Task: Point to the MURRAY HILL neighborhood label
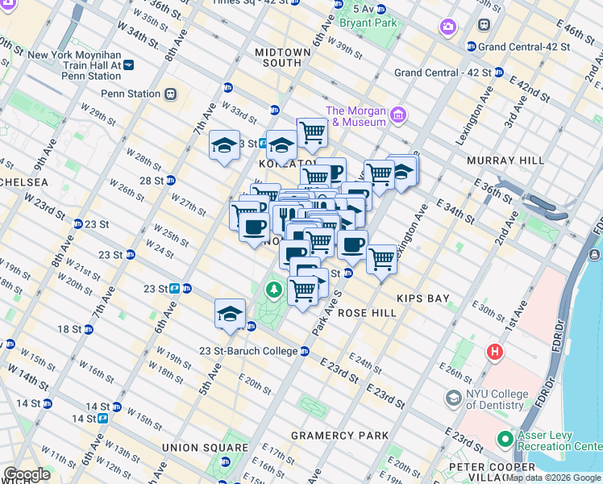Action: [505, 161]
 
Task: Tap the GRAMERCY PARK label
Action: [339, 436]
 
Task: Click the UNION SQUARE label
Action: [205, 448]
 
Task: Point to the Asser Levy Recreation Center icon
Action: [505, 440]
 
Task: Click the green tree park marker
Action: [275, 288]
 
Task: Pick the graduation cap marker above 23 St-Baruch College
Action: [230, 314]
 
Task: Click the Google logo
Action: [27, 474]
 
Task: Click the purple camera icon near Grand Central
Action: [447, 27]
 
